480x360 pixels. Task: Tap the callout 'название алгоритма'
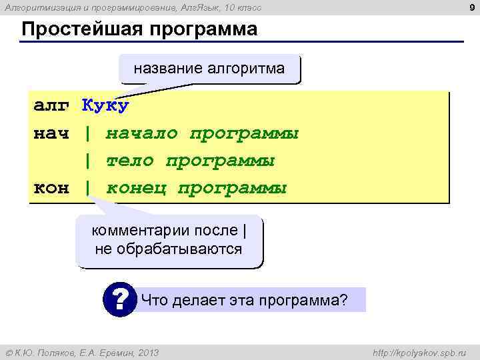(209, 68)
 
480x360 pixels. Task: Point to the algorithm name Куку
(105, 106)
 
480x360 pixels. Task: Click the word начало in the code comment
(141, 133)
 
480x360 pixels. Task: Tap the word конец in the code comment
(135, 188)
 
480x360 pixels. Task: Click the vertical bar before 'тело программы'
(87, 161)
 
